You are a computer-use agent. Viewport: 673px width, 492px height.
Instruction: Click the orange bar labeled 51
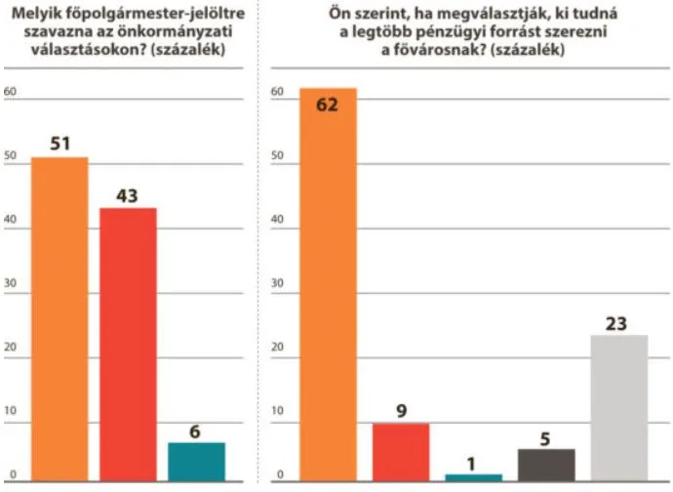coord(59,318)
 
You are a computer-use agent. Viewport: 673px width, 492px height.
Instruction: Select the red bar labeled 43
coord(128,344)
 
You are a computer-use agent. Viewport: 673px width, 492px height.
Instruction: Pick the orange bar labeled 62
coord(328,283)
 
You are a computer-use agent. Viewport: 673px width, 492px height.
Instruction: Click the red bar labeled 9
coord(401,451)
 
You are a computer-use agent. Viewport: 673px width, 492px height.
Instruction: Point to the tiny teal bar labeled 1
coord(474,476)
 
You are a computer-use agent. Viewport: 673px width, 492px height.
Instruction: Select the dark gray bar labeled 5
coord(546,464)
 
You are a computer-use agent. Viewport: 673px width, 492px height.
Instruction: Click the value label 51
coord(59,143)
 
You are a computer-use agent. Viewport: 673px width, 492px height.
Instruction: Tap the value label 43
coord(128,195)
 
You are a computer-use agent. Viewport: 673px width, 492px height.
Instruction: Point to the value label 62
coord(327,103)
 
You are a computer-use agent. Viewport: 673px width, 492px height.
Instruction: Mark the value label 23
coord(618,323)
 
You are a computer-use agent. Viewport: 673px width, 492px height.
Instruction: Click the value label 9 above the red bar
coord(401,411)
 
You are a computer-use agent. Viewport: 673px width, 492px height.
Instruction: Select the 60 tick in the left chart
coord(12,93)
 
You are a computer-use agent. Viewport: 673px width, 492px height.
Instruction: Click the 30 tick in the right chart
coord(278,285)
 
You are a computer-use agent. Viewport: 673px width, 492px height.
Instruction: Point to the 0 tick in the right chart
coord(278,475)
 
